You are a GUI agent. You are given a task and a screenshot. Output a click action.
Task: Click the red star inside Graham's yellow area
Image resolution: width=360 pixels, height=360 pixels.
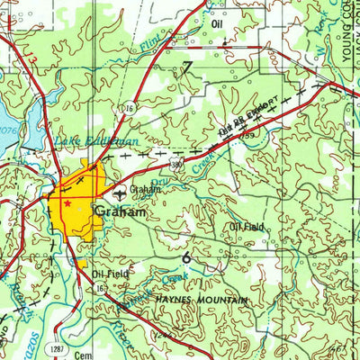tap(67, 203)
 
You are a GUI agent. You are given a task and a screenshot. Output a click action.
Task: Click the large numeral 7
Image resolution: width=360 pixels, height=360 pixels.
tap(187, 67)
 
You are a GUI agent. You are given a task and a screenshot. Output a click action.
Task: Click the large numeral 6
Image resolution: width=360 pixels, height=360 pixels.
tap(186, 257)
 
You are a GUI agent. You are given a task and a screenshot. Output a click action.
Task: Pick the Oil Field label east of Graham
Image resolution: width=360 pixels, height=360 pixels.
tap(247, 227)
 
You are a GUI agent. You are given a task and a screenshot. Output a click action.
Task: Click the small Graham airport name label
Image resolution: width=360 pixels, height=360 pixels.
tap(145, 190)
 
